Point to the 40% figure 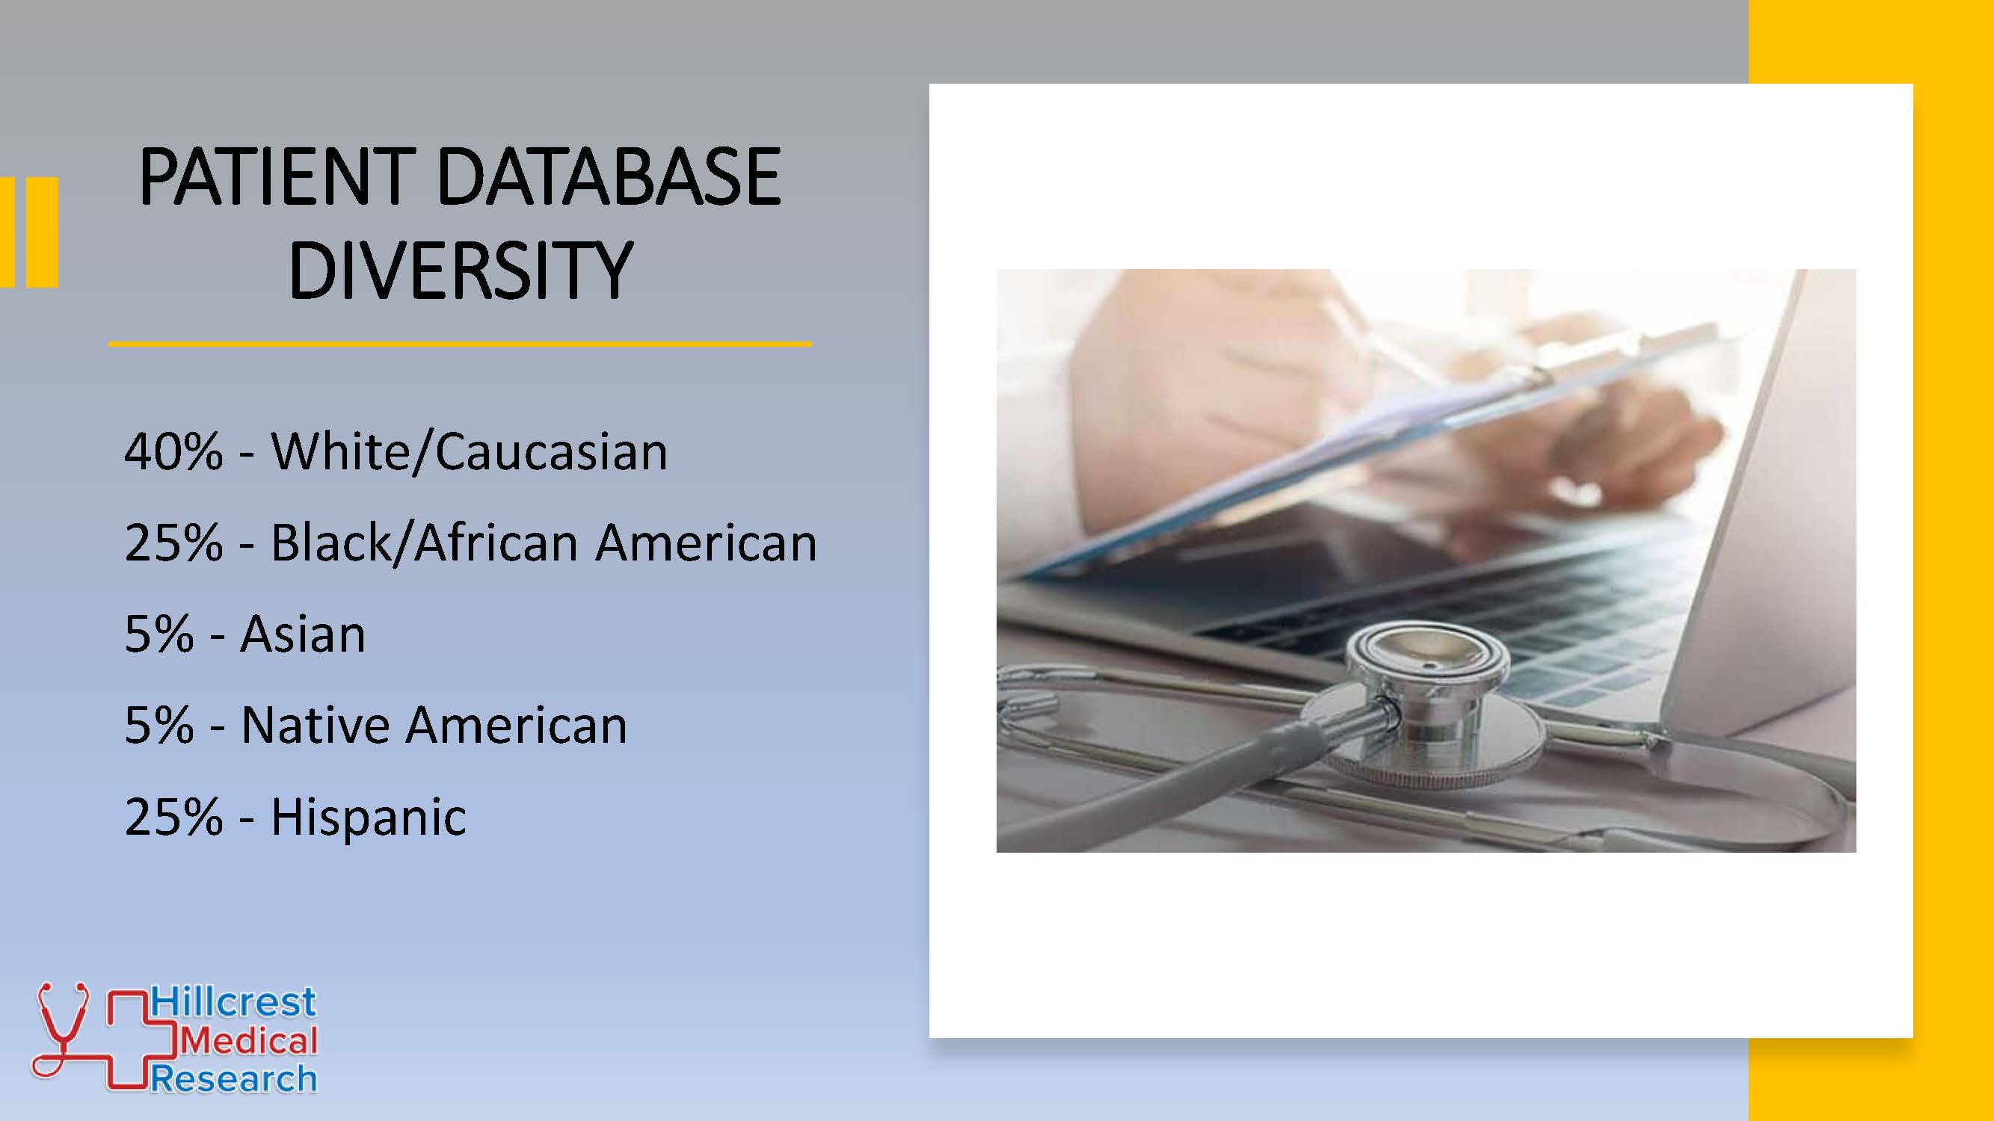pyautogui.click(x=173, y=451)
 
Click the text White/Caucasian pyautogui.click(x=469, y=451)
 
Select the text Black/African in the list pyautogui.click(x=424, y=542)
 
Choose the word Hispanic pyautogui.click(x=369, y=817)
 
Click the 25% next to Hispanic pyautogui.click(x=173, y=817)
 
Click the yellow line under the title pyautogui.click(x=460, y=343)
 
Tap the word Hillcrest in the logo pyautogui.click(x=233, y=1002)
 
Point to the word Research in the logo pyautogui.click(x=233, y=1079)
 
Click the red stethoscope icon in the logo pyautogui.click(x=61, y=1029)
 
